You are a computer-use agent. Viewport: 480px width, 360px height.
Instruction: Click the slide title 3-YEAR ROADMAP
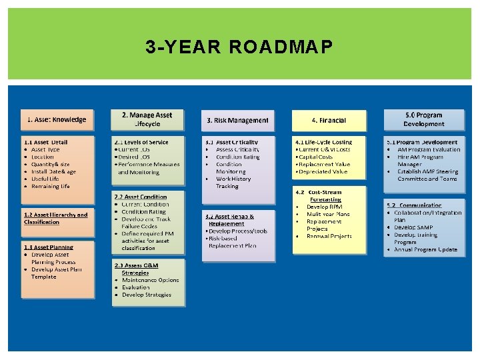coord(239,47)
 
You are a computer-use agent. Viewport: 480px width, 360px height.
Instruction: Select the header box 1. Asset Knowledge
coord(57,120)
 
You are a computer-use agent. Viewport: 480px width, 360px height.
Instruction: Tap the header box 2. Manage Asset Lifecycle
coord(147,120)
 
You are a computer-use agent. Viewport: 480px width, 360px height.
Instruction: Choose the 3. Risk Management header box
coord(237,121)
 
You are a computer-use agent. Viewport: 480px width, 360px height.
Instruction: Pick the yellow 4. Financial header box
coord(329,121)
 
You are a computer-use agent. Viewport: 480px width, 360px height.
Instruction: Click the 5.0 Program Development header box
coord(423,120)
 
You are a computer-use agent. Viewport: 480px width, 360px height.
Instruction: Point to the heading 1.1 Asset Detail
coord(46,142)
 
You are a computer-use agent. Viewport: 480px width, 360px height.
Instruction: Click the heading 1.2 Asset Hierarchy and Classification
coord(55,218)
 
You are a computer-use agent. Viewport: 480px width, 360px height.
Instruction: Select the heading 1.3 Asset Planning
coord(49,247)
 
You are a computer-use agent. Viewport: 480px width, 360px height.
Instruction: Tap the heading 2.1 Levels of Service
coord(141,142)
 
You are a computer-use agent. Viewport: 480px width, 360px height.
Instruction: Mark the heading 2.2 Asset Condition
coord(141,197)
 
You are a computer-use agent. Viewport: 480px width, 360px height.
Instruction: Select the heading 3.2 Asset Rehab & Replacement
coord(230,220)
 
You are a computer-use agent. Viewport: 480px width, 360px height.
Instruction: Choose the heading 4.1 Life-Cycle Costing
coord(323,142)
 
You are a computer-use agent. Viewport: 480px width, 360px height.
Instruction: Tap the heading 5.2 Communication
coord(414,205)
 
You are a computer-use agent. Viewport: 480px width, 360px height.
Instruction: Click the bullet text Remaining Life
coord(51,186)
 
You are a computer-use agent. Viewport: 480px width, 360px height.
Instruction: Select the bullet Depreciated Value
coord(323,171)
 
